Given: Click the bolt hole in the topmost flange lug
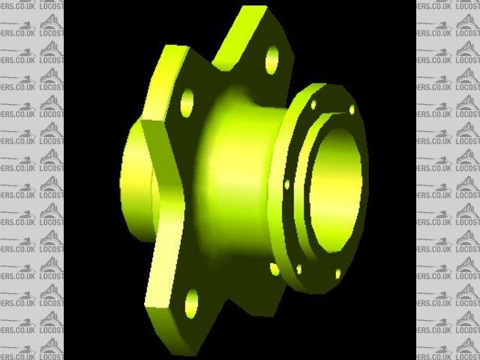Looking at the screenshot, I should click(271, 59).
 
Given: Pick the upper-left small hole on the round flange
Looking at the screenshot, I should click(313, 105).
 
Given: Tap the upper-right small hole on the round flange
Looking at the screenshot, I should click(352, 109).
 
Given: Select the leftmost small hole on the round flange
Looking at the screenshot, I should click(286, 184).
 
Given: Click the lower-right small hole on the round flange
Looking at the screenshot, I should click(337, 273).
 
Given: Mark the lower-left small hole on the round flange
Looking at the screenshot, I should click(298, 268).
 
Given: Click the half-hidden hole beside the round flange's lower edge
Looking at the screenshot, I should click(274, 268).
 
